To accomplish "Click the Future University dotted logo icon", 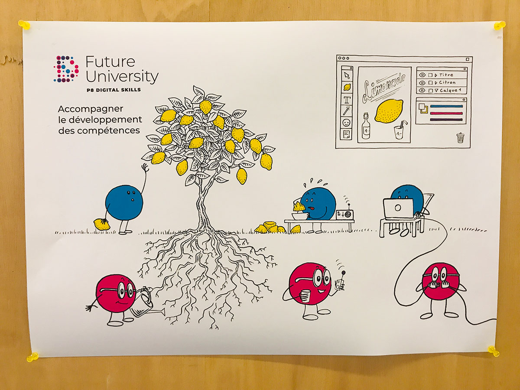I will tap(66, 68).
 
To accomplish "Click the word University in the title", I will tap(122, 77).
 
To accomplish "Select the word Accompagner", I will tap(91, 108).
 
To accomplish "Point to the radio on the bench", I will tap(344, 214).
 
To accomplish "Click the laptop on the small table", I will tap(398, 208).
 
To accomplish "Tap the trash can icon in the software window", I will tap(460, 138).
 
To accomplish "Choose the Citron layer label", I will tap(447, 82).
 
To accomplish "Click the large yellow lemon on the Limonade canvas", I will tap(388, 110).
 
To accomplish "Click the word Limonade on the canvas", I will tap(385, 86).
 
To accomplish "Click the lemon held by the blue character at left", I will tap(101, 224).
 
